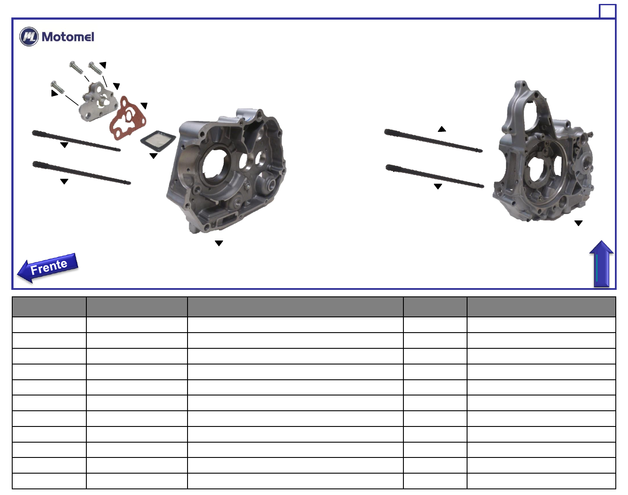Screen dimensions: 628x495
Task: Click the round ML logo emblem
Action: click(29, 37)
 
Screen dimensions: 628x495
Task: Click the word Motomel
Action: click(68, 37)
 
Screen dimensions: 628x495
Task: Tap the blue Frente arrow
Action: click(48, 268)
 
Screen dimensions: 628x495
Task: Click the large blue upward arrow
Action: click(601, 264)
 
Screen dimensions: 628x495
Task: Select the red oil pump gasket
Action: click(127, 119)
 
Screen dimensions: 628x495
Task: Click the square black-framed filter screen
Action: click(158, 141)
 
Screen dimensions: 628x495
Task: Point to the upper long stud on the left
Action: click(76, 141)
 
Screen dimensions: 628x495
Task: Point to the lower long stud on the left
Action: click(82, 173)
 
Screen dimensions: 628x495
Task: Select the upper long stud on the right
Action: click(433, 141)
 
